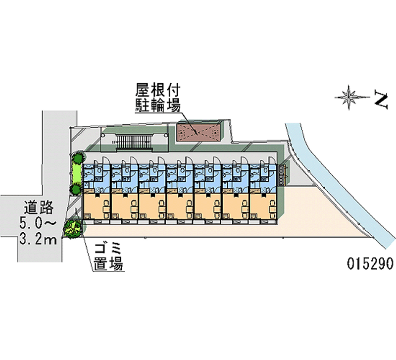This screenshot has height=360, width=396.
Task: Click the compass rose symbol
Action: coord(350,98)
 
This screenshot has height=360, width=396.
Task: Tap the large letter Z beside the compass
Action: coord(380,99)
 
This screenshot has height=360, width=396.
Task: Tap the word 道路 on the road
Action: coord(37,206)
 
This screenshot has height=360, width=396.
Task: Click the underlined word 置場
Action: coord(107,264)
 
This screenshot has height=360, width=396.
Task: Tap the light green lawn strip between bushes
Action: coord(77,174)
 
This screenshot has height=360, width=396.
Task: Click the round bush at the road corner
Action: coord(72,228)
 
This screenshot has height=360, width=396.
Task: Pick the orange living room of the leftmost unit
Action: coord(97,205)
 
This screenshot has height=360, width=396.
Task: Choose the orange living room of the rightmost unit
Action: coord(263,205)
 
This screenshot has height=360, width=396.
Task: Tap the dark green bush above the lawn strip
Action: coord(78,159)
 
